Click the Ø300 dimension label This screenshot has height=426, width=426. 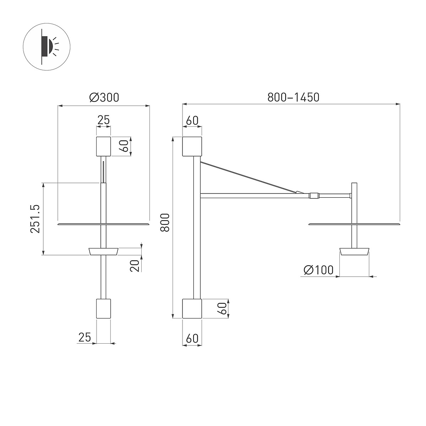pyautogui.click(x=104, y=98)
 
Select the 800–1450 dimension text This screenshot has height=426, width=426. pyautogui.click(x=293, y=97)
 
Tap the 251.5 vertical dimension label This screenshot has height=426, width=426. pyautogui.click(x=35, y=219)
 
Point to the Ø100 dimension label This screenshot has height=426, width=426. pyautogui.click(x=318, y=270)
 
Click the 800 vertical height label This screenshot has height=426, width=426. pyautogui.click(x=165, y=223)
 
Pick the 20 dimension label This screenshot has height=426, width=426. pyautogui.click(x=135, y=266)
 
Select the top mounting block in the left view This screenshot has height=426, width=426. pyautogui.click(x=103, y=146)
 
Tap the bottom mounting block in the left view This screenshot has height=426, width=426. pyautogui.click(x=103, y=308)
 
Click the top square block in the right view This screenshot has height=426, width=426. pyautogui.click(x=192, y=146)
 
